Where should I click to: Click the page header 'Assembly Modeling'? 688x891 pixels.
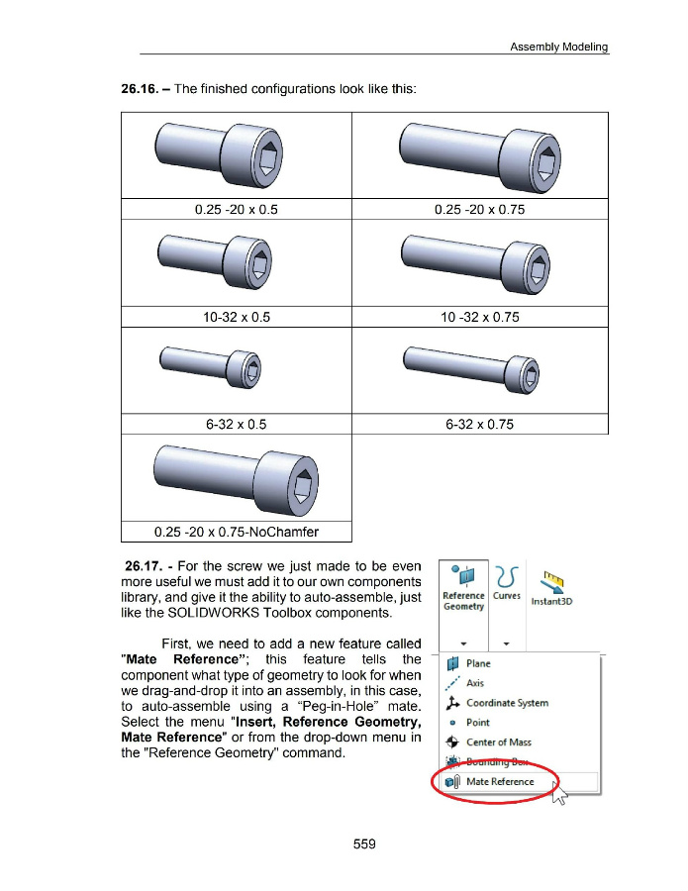(558, 47)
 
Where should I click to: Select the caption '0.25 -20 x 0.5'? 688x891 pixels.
(237, 209)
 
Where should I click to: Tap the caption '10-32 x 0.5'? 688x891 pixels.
(237, 318)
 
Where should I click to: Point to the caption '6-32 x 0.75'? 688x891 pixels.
(479, 425)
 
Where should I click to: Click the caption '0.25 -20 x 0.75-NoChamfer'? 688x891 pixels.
(237, 534)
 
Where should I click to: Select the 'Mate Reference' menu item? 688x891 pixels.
(499, 782)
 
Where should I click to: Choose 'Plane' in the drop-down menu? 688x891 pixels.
(478, 663)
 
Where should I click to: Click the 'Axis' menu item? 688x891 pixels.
(475, 683)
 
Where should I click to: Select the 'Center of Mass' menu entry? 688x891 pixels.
(498, 742)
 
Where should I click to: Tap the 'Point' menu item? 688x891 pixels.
(477, 723)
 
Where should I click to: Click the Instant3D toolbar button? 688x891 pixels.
(552, 590)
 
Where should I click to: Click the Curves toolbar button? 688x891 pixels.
(506, 583)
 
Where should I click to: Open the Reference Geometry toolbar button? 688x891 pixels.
(462, 588)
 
